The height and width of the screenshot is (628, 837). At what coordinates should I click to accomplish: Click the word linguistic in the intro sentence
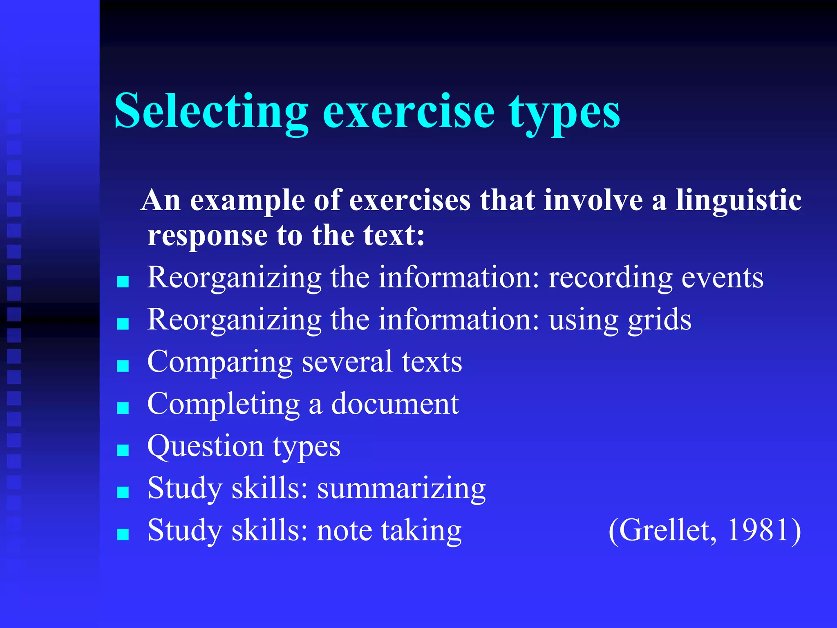click(738, 201)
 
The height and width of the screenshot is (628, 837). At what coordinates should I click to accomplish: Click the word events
click(722, 278)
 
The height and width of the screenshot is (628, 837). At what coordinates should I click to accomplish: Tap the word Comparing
click(219, 363)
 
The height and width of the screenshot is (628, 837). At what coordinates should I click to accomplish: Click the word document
click(395, 404)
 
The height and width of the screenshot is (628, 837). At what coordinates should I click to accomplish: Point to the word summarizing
click(401, 489)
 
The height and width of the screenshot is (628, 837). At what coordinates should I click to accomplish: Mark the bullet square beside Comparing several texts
click(123, 366)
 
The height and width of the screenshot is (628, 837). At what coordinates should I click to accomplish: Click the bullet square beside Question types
click(123, 450)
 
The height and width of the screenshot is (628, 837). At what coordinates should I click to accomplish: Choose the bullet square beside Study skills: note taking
click(123, 534)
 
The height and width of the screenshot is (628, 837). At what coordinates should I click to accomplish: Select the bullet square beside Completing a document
click(123, 408)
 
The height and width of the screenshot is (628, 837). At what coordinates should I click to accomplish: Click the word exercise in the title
click(409, 111)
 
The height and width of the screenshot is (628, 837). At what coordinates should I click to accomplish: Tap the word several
click(347, 362)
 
